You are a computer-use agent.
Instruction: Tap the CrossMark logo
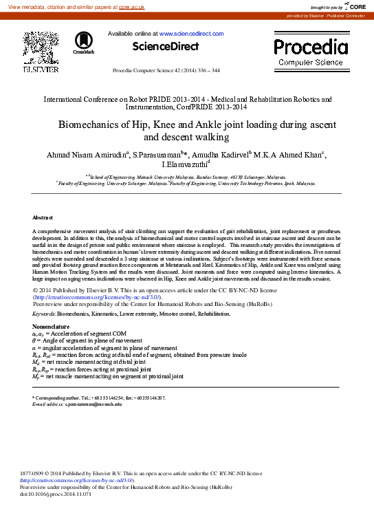pyautogui.click(x=84, y=42)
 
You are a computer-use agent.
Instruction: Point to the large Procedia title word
pyautogui.click(x=311, y=47)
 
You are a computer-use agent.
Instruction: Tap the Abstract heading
pyautogui.click(x=43, y=217)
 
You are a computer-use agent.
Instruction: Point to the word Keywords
pyautogui.click(x=44, y=313)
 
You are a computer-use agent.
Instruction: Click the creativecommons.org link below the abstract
pyautogui.click(x=96, y=296)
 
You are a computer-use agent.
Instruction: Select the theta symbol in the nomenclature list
pyautogui.click(x=34, y=340)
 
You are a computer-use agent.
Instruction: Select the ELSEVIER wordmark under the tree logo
pyautogui.click(x=41, y=69)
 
